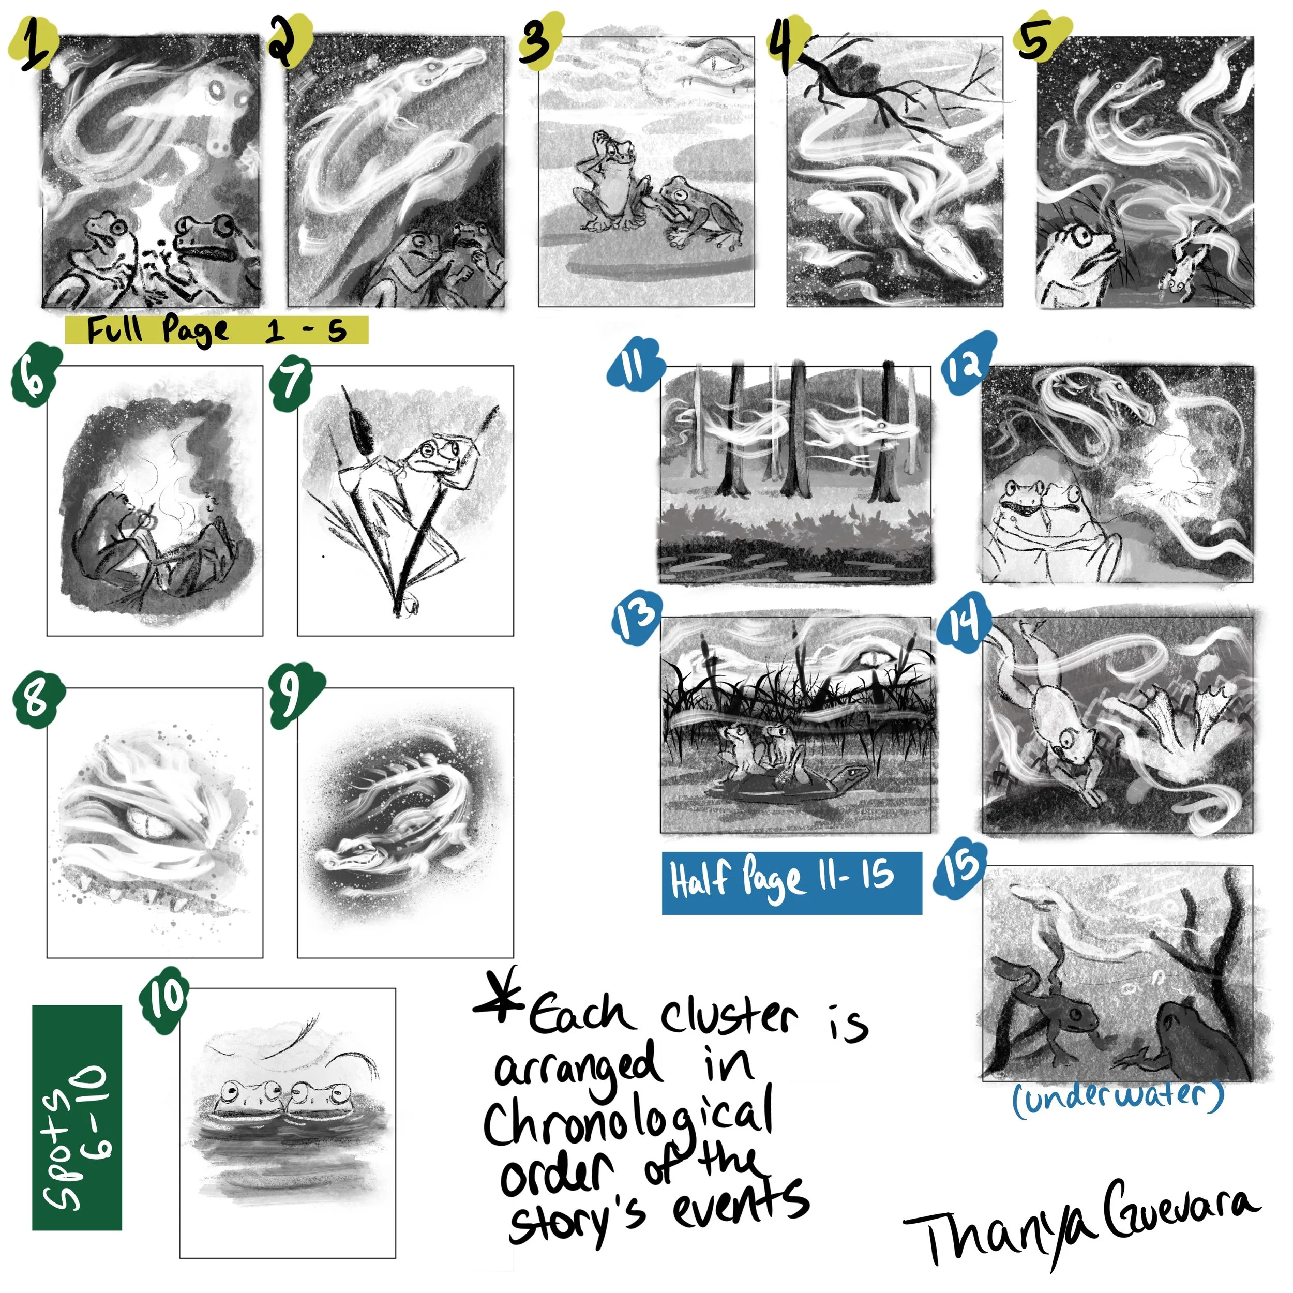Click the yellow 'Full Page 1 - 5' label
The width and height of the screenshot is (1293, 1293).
pos(217,330)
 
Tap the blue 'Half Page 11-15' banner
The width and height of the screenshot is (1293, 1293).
pos(791,882)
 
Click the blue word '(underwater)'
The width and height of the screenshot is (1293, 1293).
pos(1118,1097)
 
